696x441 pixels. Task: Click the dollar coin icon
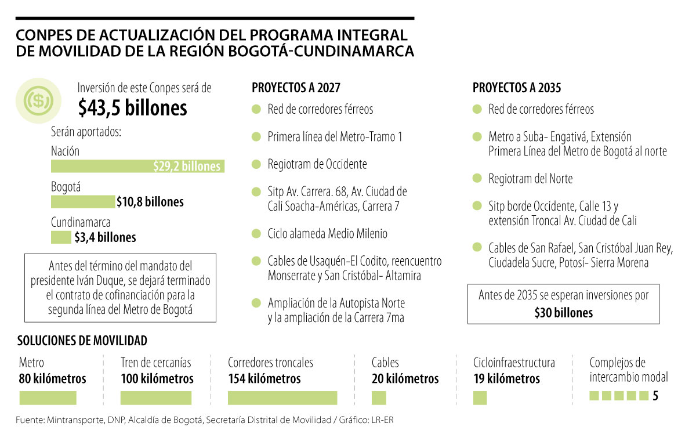pos(38,100)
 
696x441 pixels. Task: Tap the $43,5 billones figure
pos(133,108)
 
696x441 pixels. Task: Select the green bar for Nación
pos(137,167)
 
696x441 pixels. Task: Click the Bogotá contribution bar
pos(82,202)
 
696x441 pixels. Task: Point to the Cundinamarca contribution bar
pos(61,237)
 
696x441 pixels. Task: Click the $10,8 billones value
pos(150,202)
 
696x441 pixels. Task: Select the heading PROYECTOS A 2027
pos(296,88)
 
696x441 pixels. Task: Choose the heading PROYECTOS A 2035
pos(517,88)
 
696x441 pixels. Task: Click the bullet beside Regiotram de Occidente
pos(256,164)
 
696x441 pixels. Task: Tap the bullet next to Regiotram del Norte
pos(477,179)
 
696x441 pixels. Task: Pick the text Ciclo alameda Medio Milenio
pos(327,234)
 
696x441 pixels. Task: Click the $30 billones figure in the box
pos(564,313)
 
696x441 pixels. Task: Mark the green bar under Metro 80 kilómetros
pos(48,398)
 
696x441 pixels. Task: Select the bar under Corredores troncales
pos(282,398)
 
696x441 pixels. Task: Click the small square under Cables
pos(379,398)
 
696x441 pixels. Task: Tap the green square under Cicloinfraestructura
pos(480,398)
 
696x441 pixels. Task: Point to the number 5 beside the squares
pos(655,396)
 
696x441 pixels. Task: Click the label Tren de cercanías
pos(155,363)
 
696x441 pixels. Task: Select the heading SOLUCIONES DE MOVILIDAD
pos(82,340)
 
